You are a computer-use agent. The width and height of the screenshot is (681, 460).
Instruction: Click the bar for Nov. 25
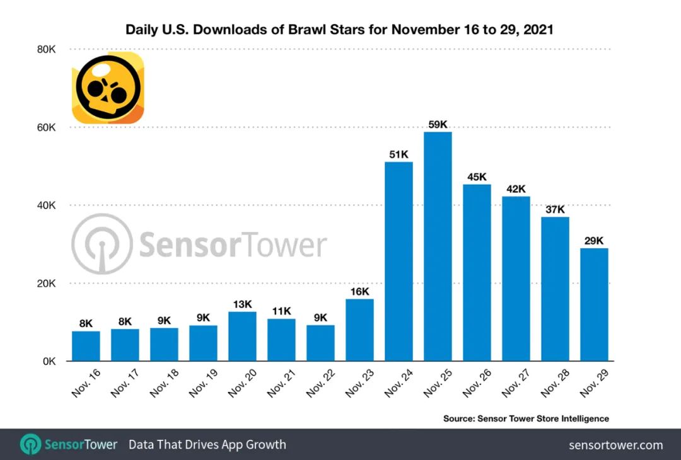pos(438,246)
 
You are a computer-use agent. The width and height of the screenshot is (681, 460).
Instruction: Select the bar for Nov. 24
pos(399,262)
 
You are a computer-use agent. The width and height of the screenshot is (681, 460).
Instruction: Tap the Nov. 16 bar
pos(86,346)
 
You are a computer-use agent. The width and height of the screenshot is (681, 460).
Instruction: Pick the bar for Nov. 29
pos(594,304)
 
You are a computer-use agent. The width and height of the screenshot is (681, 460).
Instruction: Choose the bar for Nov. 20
pos(242,336)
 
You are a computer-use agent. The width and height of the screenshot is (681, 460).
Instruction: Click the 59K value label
pos(438,124)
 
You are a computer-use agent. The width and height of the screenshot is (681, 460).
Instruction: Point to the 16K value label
pos(359,291)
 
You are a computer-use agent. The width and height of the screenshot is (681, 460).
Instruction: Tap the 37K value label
pos(555,209)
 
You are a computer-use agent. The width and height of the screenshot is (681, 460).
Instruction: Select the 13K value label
pos(242,304)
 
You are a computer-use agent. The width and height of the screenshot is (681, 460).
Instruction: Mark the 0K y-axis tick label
pos(49,362)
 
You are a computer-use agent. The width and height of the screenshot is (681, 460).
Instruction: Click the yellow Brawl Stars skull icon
pos(107,88)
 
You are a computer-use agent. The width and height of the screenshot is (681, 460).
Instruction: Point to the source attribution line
pos(526,418)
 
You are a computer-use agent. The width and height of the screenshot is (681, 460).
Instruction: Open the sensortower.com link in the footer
pos(615,445)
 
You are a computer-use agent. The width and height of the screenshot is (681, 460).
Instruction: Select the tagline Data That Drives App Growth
pos(207,445)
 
